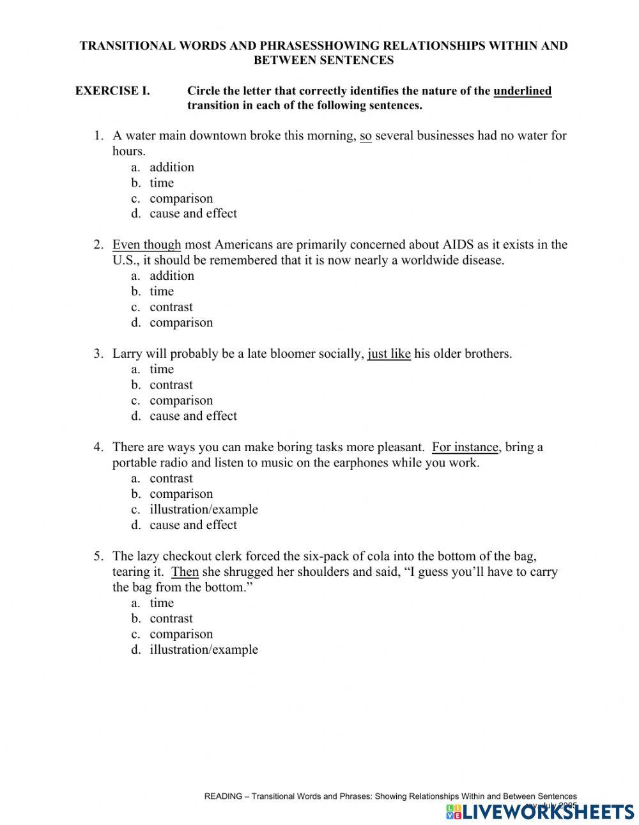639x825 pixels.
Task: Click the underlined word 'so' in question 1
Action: [366, 135]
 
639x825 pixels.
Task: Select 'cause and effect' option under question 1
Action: [193, 213]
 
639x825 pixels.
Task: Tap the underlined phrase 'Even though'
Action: [146, 245]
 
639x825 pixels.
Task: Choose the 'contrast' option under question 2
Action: [171, 307]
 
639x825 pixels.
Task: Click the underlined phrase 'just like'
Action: [389, 353]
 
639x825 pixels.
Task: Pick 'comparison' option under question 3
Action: [181, 401]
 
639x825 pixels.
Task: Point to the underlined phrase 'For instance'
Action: [465, 447]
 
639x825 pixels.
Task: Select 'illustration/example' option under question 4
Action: [204, 509]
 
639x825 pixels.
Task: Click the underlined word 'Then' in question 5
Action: [185, 572]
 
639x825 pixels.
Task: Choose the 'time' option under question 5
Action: [162, 603]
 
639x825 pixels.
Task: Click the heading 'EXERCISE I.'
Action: [112, 91]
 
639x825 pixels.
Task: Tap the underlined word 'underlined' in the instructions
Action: [522, 91]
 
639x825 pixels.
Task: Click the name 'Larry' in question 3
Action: [127, 353]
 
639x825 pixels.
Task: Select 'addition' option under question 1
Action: [171, 167]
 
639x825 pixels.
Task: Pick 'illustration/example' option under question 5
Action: [204, 649]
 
